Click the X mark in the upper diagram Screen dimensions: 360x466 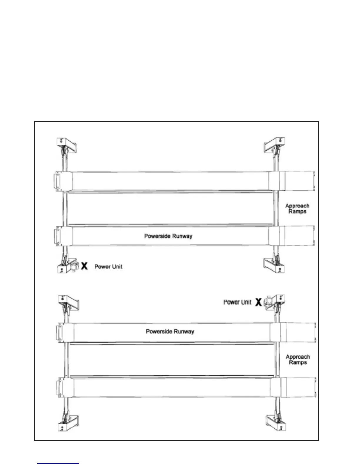(84, 266)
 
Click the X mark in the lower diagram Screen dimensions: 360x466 (258, 302)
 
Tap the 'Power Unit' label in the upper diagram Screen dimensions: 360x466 (108, 267)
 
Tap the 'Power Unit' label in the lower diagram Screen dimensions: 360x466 (237, 302)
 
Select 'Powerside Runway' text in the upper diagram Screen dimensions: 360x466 (168, 236)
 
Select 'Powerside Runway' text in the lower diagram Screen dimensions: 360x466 (170, 332)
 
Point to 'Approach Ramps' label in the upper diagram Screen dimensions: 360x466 (297, 209)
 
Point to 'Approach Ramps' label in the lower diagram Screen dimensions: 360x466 (298, 360)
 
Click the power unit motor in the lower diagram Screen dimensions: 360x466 (268, 302)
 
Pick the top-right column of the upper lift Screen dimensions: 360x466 (276, 144)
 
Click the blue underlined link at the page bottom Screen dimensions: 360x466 (58, 463)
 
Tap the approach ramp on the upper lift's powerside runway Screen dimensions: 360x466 (299, 235)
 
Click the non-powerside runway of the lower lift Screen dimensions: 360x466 (171, 387)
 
